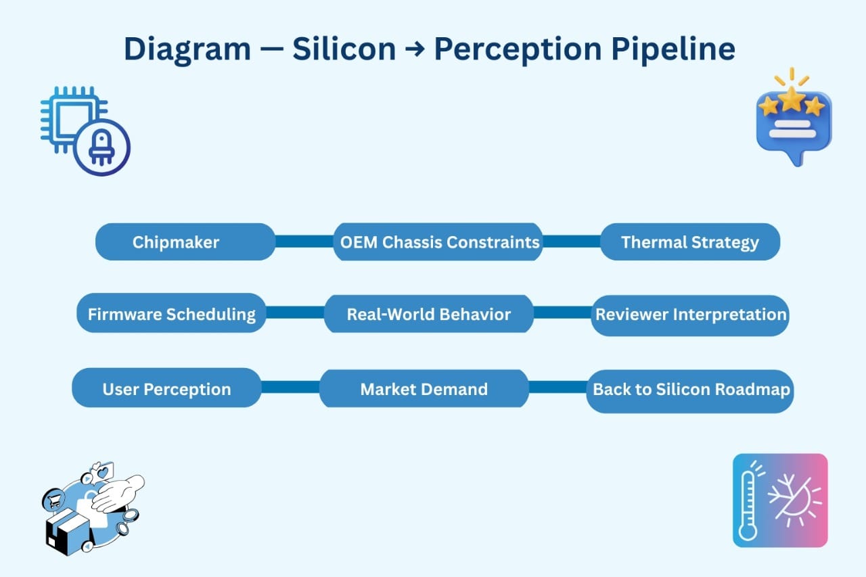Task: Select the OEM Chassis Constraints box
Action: pos(438,242)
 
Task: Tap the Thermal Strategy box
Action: pos(689,242)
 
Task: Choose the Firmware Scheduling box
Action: pos(171,314)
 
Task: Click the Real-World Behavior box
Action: pos(428,314)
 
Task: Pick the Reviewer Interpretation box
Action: pos(690,315)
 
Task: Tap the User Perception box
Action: pos(166,388)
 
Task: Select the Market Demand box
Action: pos(424,388)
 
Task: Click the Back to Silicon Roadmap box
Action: pos(690,390)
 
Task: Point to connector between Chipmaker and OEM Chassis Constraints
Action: pos(304,242)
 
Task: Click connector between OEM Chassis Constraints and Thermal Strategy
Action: pos(572,241)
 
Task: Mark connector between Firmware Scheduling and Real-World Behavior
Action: pos(295,313)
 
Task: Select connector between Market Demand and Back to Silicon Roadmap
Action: pos(557,387)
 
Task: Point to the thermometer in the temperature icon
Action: pos(748,505)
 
